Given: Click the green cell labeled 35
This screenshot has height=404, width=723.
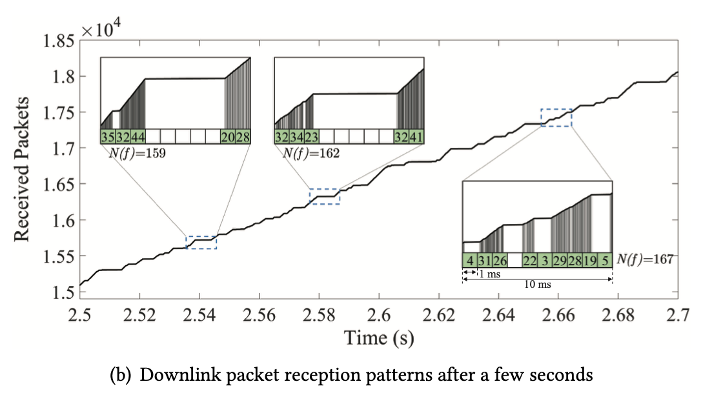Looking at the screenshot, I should (x=108, y=137).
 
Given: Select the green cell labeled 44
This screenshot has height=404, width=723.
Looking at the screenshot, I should (x=137, y=137).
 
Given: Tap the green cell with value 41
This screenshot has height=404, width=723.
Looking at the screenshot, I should (x=418, y=137).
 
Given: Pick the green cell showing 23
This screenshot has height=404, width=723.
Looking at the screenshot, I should (x=311, y=137).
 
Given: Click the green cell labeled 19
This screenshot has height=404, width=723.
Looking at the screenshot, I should (x=590, y=260).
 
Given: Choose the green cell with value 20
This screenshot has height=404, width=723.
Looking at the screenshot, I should (x=228, y=137).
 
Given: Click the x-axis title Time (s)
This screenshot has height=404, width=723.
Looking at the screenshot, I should (x=379, y=337).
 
